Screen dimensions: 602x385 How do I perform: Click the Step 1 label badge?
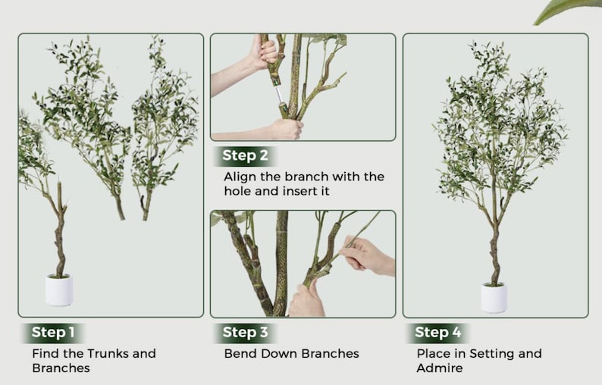(52, 333)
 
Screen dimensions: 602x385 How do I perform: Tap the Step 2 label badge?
(245, 155)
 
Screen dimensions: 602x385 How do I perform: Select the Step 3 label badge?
(245, 333)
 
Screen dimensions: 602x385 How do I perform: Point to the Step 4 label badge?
(437, 333)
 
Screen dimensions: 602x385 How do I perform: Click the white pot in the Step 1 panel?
(59, 290)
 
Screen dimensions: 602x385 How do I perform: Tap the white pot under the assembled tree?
(494, 298)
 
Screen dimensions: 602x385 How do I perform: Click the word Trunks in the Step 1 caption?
(108, 353)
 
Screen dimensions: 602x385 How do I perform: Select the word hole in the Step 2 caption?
(237, 191)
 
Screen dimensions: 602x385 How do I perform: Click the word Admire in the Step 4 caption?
(440, 368)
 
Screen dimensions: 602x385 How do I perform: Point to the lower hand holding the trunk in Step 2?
(286, 130)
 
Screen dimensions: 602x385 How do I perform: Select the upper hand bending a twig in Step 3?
(367, 255)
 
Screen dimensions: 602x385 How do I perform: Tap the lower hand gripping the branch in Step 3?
(307, 299)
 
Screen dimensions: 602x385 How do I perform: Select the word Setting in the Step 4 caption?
(493, 353)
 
